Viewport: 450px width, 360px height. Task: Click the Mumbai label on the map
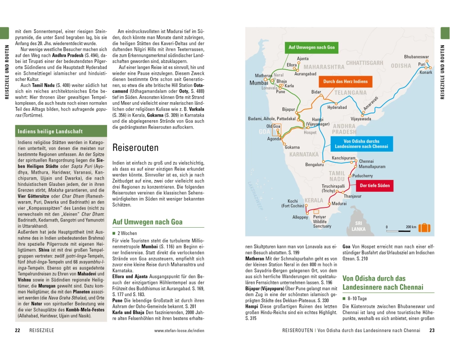[259, 83]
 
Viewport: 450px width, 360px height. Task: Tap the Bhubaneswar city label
[416, 57]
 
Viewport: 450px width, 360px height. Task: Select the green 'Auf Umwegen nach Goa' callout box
[311, 47]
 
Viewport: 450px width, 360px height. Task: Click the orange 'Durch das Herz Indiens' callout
[345, 81]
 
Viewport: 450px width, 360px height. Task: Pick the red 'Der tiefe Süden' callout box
[374, 185]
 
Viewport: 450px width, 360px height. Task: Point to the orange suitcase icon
[423, 227]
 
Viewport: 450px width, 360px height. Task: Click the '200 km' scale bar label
[411, 227]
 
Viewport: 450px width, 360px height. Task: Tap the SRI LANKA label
[359, 226]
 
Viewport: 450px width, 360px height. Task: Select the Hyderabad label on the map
[337, 108]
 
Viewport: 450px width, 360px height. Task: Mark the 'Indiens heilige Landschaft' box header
[50, 131]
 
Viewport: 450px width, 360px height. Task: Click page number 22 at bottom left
[18, 331]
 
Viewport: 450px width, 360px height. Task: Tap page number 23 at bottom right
[432, 331]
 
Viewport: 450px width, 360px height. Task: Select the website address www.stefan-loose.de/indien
[182, 331]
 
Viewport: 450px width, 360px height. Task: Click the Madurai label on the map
[339, 204]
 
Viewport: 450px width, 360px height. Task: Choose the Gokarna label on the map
[292, 147]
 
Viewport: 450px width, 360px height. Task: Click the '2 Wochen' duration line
[127, 234]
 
